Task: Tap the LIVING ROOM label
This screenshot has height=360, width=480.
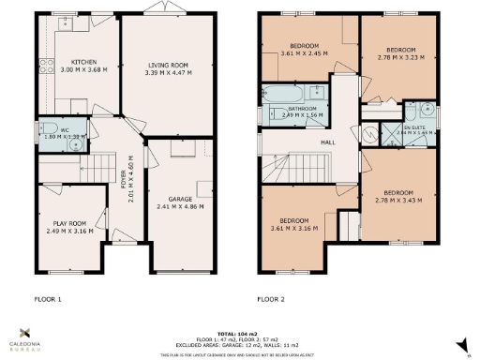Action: (168, 66)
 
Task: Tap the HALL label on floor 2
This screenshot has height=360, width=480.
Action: (328, 142)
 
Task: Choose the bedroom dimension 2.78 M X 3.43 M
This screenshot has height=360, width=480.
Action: (398, 200)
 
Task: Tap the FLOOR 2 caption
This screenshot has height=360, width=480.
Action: (272, 300)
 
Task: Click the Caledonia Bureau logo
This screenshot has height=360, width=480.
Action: (25, 337)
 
